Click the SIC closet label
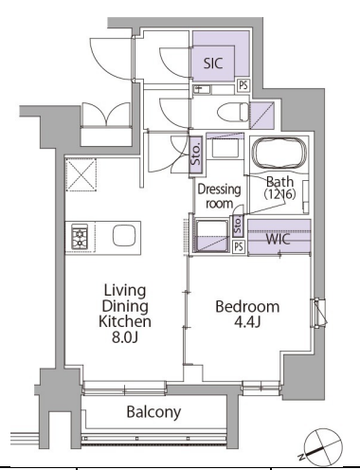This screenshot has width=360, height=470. [213, 63]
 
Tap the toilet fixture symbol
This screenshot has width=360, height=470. [233, 112]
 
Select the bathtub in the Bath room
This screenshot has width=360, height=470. [279, 154]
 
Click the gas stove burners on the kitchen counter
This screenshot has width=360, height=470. [80, 236]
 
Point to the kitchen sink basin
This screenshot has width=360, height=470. [124, 235]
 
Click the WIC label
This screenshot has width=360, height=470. [278, 239]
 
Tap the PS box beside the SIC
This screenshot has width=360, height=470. [243, 85]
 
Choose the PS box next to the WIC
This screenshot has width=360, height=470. [239, 246]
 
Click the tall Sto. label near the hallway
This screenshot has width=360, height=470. [196, 155]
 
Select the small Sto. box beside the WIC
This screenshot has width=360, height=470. [238, 226]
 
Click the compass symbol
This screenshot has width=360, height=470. [323, 447]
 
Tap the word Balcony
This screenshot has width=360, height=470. [153, 412]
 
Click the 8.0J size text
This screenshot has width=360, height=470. [125, 337]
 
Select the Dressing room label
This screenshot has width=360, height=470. [219, 196]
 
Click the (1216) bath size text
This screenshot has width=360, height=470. [279, 194]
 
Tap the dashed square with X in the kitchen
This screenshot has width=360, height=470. [81, 175]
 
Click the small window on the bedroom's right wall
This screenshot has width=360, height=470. [319, 313]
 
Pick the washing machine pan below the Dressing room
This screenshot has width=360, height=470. [212, 236]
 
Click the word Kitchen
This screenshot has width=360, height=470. [125, 321]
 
